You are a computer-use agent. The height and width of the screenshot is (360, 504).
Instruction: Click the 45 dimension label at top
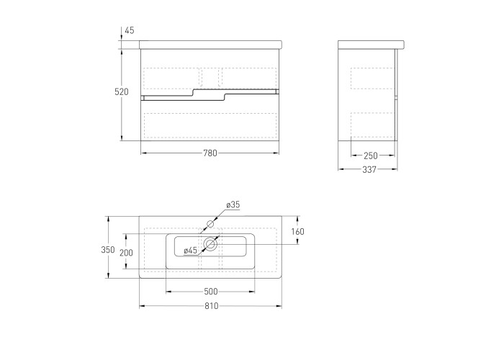tap(129, 30)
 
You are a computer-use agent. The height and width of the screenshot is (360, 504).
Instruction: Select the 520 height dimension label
tap(122, 92)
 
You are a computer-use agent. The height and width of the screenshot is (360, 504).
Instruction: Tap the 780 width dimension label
tap(210, 153)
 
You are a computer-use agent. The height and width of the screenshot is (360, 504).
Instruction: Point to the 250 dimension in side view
tap(371, 156)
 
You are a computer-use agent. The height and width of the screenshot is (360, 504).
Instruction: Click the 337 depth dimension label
tap(369, 169)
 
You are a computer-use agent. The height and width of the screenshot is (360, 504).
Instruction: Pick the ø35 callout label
tap(233, 204)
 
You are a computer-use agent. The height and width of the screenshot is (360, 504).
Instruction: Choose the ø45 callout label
tap(190, 251)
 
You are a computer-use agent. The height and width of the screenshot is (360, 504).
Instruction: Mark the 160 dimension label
tap(297, 231)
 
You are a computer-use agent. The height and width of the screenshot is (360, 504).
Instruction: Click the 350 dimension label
tap(108, 249)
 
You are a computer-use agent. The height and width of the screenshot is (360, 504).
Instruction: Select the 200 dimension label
tap(126, 253)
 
